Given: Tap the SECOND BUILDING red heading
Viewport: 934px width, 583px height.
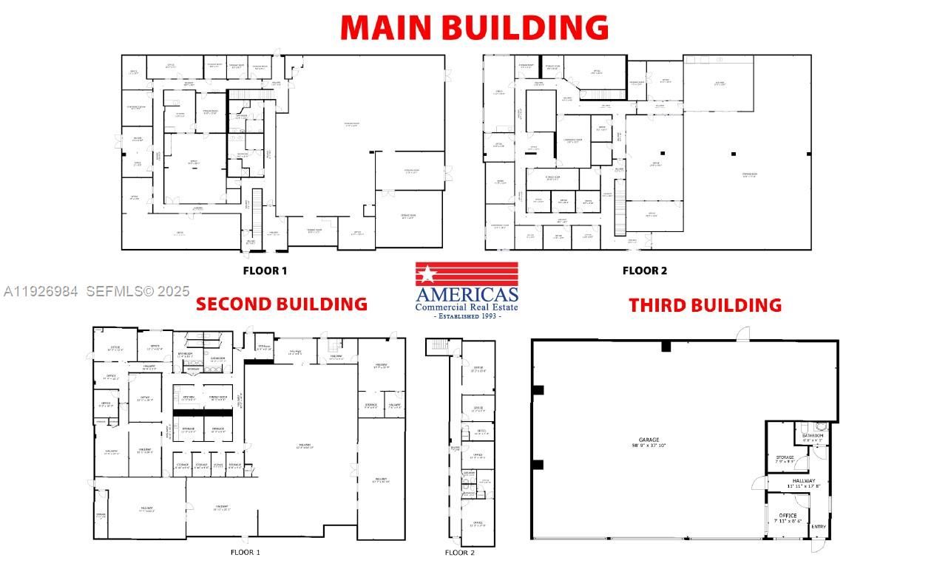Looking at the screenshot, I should (x=281, y=304).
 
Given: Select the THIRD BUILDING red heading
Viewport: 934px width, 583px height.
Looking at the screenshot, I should (x=705, y=305).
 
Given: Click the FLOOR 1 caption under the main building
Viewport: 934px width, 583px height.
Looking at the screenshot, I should (x=265, y=270).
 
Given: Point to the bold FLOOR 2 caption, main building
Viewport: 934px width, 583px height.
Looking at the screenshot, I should (x=644, y=270).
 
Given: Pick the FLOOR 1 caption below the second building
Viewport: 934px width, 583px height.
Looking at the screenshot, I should (x=246, y=552).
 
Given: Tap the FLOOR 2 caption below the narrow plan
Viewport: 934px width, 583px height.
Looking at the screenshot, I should (x=460, y=553).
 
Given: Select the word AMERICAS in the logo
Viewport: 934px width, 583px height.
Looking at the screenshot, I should (x=467, y=293).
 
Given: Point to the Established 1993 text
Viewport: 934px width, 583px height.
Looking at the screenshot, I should (x=467, y=316).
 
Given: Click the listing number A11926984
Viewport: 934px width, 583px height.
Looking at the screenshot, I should (x=41, y=292).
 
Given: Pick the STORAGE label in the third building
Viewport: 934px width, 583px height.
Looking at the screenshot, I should (x=785, y=457).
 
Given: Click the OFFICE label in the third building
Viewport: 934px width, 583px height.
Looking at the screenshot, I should (x=788, y=515).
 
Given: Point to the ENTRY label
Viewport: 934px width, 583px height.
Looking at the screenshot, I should (x=819, y=527).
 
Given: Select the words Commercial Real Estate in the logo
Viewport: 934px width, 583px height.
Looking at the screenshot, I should (x=467, y=307).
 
